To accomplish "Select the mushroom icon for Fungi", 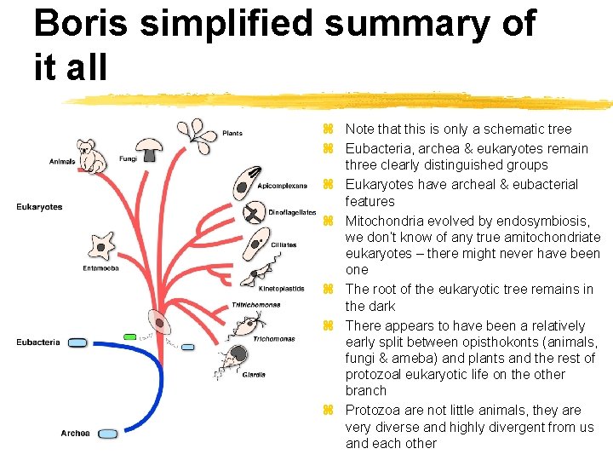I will tap(151, 149).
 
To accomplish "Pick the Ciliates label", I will tap(284, 244).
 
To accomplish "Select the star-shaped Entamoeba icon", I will tap(102, 246).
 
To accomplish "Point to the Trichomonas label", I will tap(273, 338).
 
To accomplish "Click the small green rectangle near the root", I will tap(129, 336).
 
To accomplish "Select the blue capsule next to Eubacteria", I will tap(77, 342).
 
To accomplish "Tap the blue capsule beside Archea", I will tap(107, 434).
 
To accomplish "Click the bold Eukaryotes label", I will tap(38, 206).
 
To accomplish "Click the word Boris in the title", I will tap(82, 24).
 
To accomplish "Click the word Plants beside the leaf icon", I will tap(232, 133).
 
